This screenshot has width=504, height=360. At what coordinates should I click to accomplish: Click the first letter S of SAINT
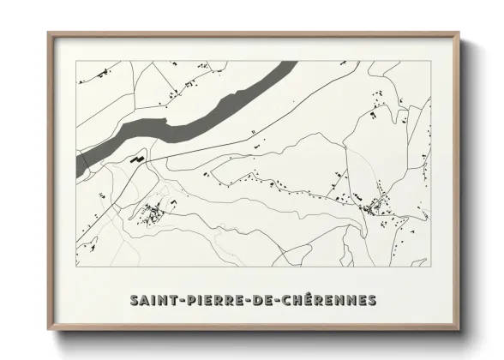pos(135,301)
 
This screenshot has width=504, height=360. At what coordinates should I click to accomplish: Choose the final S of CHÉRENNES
pos(371,301)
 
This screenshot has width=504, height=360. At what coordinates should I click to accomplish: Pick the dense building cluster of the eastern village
pos(374,206)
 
